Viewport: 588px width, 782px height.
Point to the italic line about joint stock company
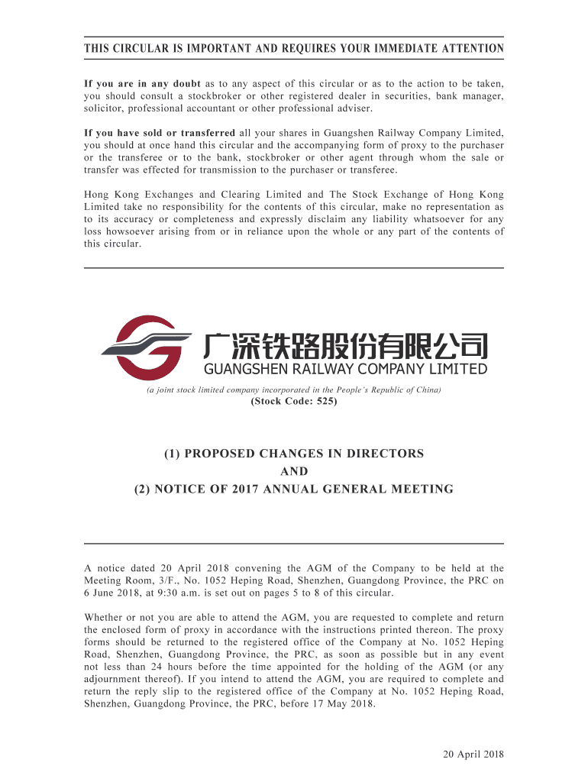click(x=293, y=389)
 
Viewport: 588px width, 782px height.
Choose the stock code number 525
click(x=323, y=402)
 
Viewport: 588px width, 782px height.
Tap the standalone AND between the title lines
click(x=293, y=471)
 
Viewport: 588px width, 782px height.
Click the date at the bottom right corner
click(x=473, y=755)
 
